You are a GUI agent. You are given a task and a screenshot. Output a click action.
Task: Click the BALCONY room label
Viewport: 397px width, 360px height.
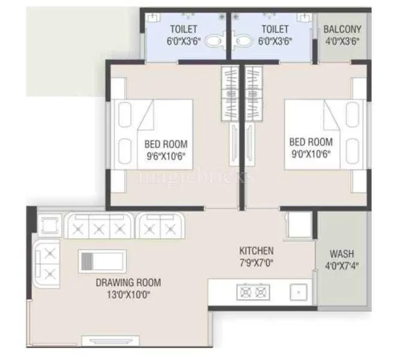(x=342, y=29)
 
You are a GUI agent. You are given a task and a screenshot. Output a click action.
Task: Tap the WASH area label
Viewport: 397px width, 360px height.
(x=341, y=254)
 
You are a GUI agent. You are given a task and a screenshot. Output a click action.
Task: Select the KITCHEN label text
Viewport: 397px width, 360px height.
(x=256, y=251)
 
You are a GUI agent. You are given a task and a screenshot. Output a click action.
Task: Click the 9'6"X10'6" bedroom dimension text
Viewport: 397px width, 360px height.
(x=165, y=155)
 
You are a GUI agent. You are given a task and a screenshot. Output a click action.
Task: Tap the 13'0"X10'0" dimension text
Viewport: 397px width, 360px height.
(x=128, y=294)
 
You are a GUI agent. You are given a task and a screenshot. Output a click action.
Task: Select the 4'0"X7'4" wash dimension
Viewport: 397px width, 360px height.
(x=341, y=265)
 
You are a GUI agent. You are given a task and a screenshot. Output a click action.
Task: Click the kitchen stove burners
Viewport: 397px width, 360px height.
(x=253, y=293)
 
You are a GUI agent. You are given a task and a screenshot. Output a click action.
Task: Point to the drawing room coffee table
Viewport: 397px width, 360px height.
(x=102, y=262)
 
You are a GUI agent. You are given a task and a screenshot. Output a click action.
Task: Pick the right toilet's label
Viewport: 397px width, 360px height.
(x=275, y=29)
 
